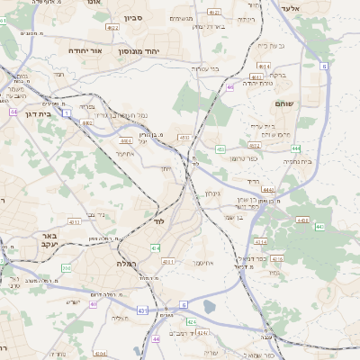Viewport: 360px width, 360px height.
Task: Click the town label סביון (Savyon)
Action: (x=133, y=17)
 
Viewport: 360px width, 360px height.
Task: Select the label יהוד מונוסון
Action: (x=164, y=50)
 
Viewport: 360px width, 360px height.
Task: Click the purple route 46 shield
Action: (x=230, y=87)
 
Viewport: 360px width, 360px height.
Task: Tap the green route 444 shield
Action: (x=296, y=148)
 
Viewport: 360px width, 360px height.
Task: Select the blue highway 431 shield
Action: (x=141, y=310)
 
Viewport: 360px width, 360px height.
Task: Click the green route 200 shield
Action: (x=66, y=268)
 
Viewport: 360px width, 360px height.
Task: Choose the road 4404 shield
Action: (x=99, y=354)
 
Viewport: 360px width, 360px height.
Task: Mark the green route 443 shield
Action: (x=319, y=226)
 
